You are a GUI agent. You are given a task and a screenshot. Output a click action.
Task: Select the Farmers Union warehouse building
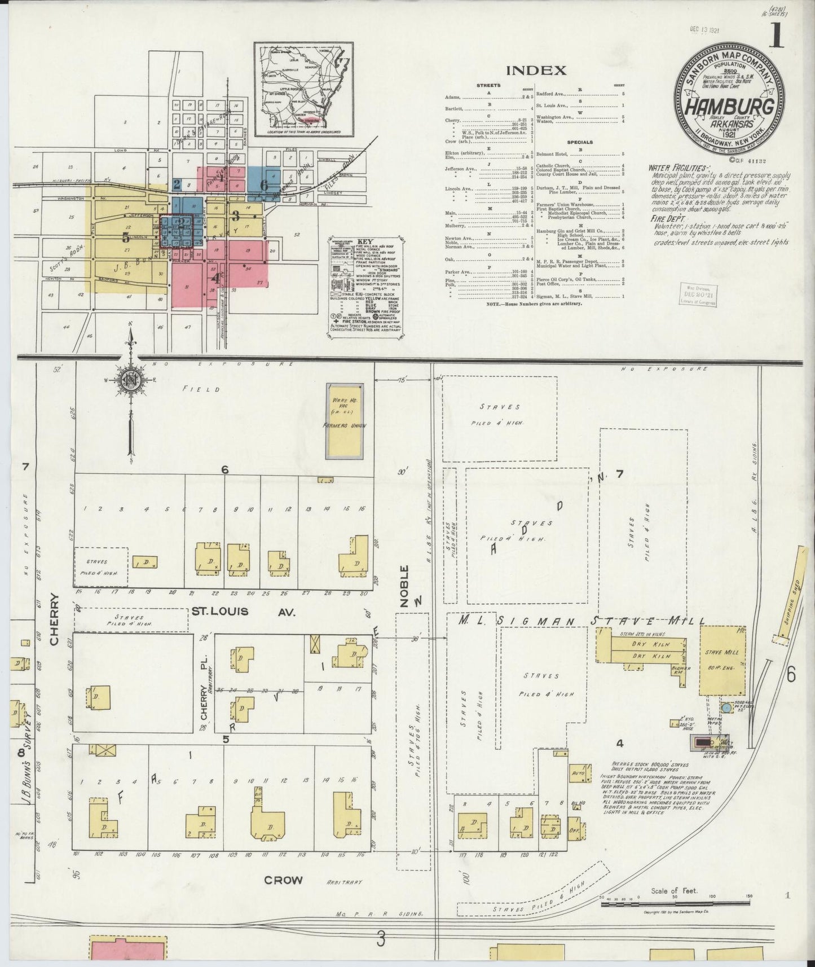click(345, 420)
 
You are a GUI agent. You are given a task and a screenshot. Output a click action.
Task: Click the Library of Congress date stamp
click(699, 295)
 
